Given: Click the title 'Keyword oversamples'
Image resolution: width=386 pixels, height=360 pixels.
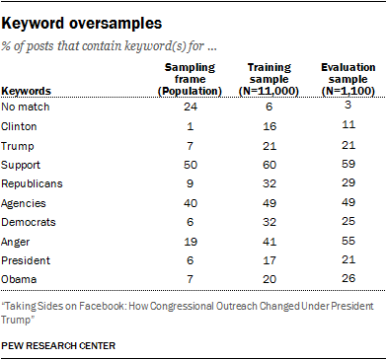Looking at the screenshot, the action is point(81,24).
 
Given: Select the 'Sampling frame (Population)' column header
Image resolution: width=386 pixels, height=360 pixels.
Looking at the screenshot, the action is point(190,79).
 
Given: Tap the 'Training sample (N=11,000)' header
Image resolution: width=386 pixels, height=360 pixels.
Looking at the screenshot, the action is point(269,79).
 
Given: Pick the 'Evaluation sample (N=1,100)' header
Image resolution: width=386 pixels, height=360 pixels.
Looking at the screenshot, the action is point(348,79).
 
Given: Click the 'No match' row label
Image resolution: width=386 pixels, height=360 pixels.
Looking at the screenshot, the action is point(26,107).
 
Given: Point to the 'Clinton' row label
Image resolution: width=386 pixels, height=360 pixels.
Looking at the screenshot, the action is point(19,126).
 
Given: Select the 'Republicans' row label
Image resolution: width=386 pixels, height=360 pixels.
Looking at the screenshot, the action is point(32,183).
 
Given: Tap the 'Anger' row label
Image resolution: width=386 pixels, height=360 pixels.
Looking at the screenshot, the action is point(16,242).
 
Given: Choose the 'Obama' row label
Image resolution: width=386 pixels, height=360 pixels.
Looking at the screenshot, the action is point(19,279).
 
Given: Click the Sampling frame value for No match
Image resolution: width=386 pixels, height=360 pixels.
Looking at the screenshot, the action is point(191,107).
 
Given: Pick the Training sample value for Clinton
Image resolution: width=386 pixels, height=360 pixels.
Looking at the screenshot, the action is point(270,126).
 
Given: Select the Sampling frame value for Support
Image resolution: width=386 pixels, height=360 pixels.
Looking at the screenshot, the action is point(191,165).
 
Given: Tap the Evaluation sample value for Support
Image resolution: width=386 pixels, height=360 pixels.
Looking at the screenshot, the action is point(348,164).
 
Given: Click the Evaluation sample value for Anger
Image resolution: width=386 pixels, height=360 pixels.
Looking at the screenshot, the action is point(348,241).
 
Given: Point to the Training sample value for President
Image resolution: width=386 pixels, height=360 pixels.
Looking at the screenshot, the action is point(270,260).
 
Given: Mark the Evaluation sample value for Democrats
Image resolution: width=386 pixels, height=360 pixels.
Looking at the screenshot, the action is point(348,221).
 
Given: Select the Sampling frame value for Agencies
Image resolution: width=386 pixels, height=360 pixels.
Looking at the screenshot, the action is point(191,203).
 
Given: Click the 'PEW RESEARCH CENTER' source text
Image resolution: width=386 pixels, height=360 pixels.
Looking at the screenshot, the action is point(58,345).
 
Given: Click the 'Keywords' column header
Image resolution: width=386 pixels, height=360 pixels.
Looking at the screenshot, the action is point(26,91).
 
